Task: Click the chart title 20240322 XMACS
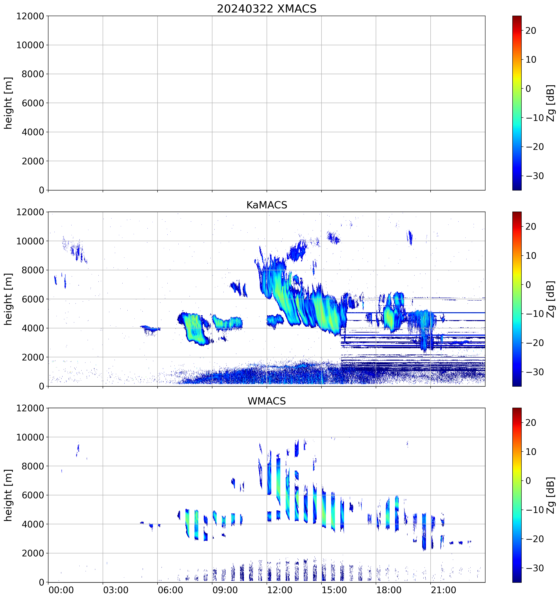267,9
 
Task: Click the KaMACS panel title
267,205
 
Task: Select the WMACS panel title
267,401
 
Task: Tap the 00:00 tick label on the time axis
61,590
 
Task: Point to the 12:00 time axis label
279,590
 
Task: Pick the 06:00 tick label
170,590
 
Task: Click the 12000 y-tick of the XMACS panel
30,16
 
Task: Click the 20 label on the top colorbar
531,31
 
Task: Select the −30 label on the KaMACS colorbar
535,372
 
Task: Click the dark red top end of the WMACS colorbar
517,410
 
